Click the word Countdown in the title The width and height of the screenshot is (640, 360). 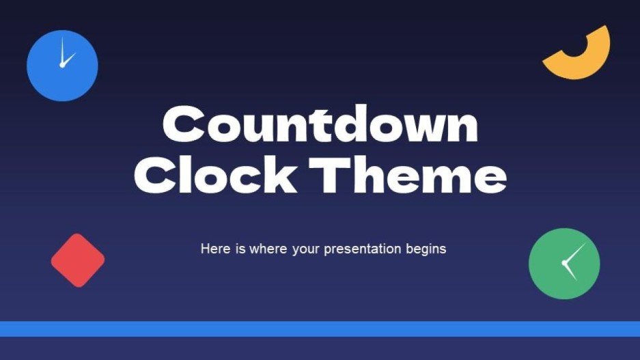coord(320,126)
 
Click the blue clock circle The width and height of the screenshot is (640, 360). coord(62,66)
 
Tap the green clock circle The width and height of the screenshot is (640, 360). coord(564,264)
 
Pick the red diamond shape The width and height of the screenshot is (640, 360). coord(78,260)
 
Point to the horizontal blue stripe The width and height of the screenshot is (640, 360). coord(320,329)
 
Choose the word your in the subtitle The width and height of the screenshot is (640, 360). coord(305,249)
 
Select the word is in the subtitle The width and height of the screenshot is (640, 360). coord(239,249)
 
